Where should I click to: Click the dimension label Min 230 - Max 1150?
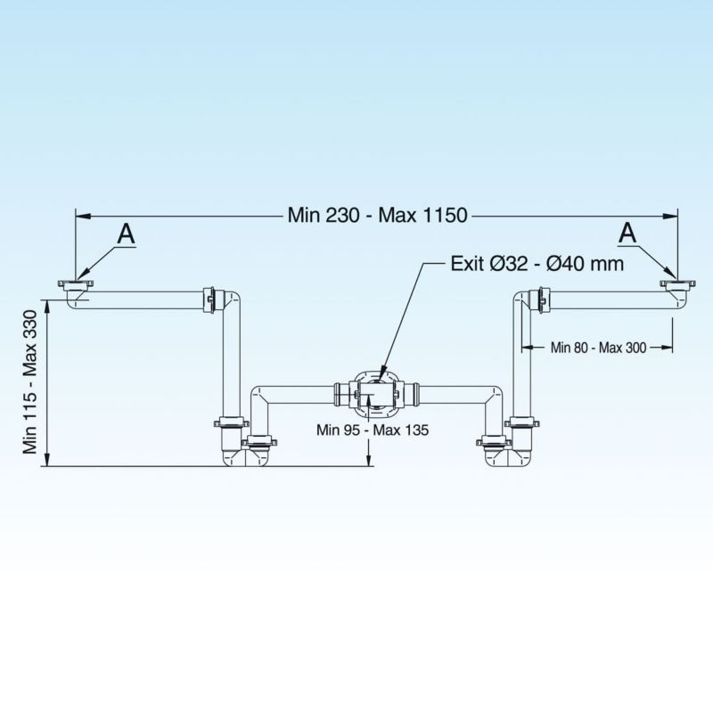pyautogui.click(x=378, y=214)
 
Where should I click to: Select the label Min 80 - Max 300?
pyautogui.click(x=598, y=348)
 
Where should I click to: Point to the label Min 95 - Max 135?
pyautogui.click(x=373, y=430)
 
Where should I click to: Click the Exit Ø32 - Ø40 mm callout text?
pyautogui.click(x=537, y=264)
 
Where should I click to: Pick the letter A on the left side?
pyautogui.click(x=126, y=234)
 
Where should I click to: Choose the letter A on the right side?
pyautogui.click(x=628, y=233)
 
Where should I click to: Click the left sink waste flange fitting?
pyautogui.click(x=76, y=287)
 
